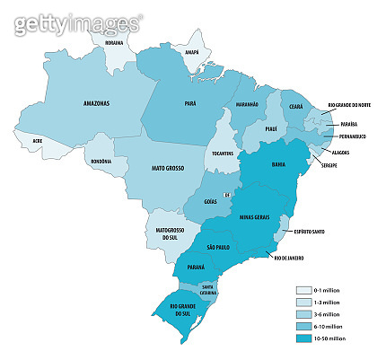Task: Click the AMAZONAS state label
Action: click(x=96, y=104)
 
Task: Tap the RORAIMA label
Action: click(x=113, y=41)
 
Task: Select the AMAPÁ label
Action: click(x=190, y=51)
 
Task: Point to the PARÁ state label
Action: click(x=189, y=104)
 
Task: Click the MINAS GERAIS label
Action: click(x=258, y=217)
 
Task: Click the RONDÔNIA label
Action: click(x=101, y=161)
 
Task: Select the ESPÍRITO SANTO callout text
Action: click(x=308, y=232)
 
